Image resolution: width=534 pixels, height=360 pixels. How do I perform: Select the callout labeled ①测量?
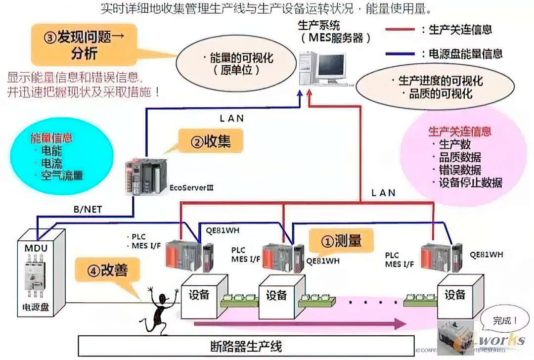tap(342, 241)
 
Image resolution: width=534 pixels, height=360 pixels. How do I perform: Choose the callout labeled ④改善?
tap(108, 270)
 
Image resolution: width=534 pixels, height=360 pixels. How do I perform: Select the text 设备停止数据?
tap(470, 182)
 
